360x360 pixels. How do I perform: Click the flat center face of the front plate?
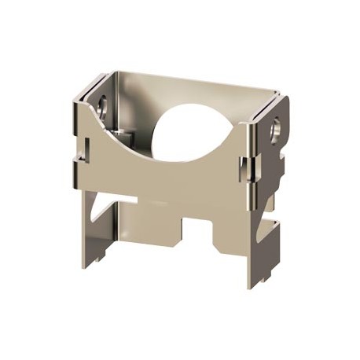click(x=165, y=177)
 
